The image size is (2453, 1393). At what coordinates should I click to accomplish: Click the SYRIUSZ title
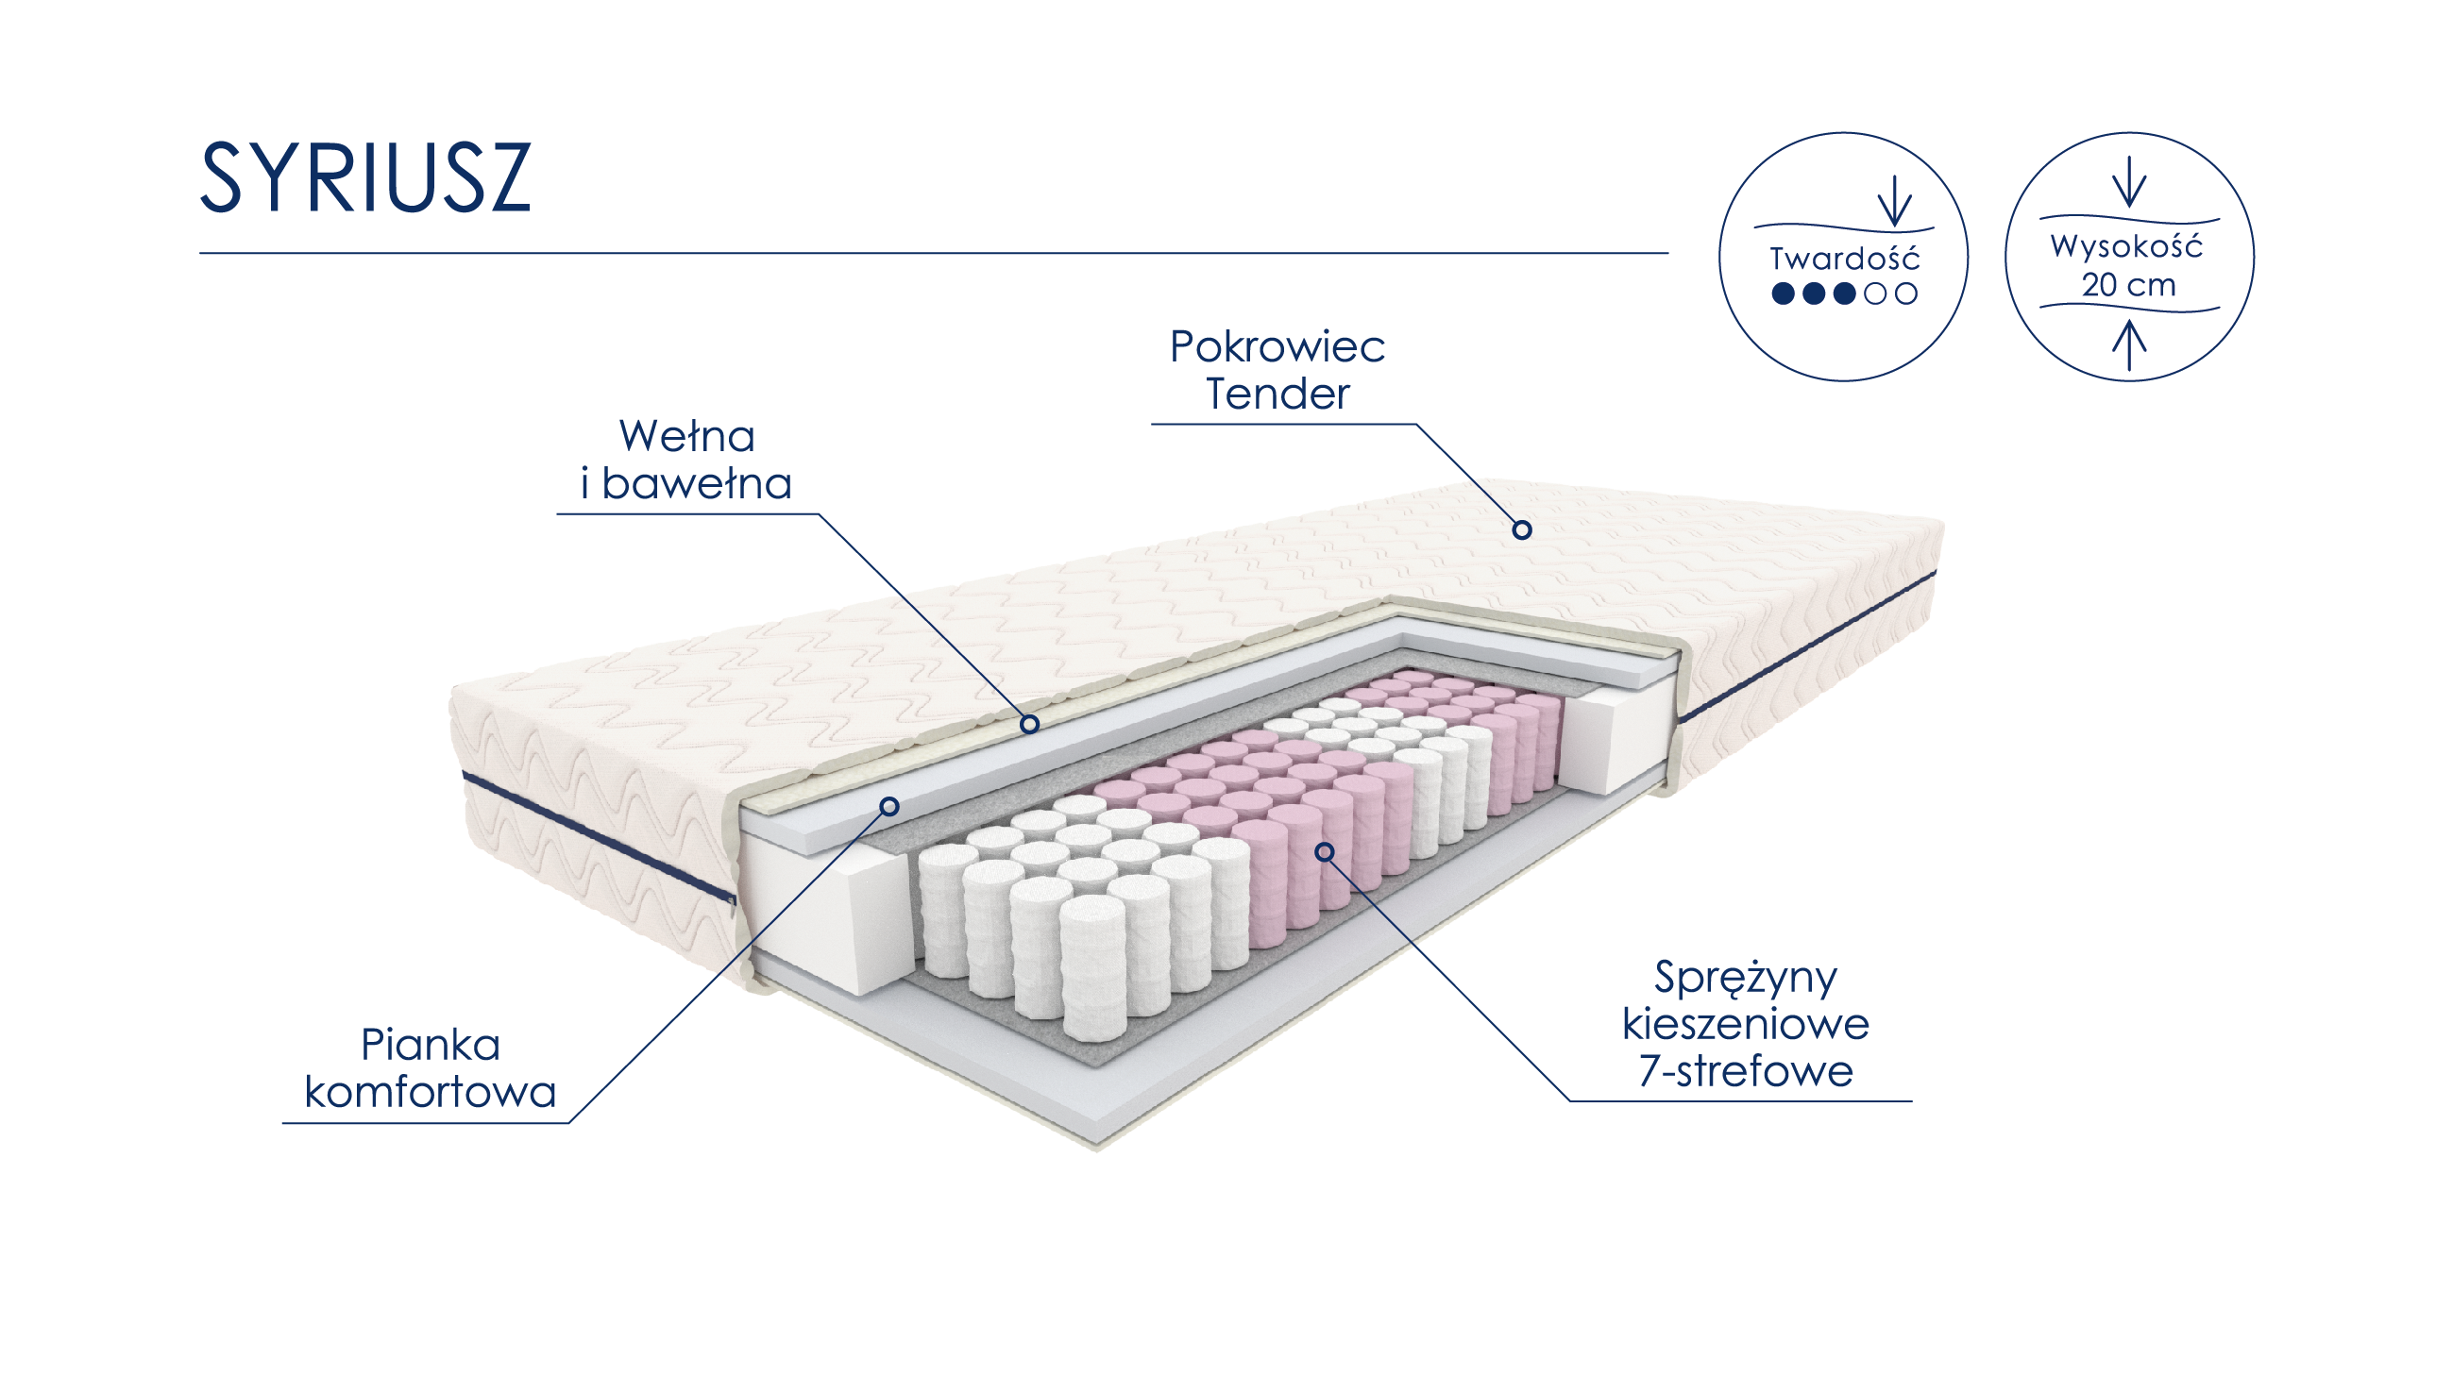[364, 178]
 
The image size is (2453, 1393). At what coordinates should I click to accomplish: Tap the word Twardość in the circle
[1843, 260]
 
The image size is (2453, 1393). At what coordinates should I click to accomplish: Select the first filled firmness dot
[1782, 294]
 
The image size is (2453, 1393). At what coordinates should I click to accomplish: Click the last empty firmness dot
[1905, 294]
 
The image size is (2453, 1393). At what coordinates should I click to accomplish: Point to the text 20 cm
[2127, 285]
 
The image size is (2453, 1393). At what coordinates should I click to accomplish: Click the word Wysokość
[2125, 247]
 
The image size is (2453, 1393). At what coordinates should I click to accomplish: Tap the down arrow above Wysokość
[2128, 182]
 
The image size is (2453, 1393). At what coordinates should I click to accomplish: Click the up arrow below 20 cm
[2128, 345]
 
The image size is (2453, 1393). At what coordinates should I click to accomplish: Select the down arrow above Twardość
[1894, 202]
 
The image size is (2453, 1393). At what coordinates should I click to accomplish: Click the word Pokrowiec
[1277, 347]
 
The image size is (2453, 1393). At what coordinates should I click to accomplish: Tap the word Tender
[1277, 394]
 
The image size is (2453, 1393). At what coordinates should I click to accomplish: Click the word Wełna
[687, 437]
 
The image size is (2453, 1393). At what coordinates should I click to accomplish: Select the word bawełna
[697, 484]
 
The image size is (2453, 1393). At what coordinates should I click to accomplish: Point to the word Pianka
[430, 1045]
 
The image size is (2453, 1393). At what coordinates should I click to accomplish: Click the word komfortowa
[430, 1092]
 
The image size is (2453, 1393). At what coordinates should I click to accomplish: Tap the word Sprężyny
[1745, 978]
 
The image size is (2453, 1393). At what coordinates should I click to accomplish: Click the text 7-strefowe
[1745, 1070]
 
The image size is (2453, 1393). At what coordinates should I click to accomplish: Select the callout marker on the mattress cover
[1522, 530]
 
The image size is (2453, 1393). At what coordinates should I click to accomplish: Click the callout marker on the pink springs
[1325, 851]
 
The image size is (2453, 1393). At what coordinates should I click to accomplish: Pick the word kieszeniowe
[1745, 1025]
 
